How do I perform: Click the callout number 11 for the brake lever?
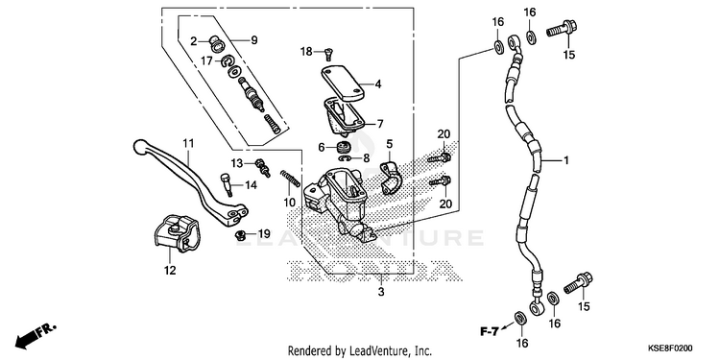pos(189,144)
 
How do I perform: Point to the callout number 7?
pos(380,124)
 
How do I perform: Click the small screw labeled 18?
pos(329,55)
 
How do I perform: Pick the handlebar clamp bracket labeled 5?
pos(390,178)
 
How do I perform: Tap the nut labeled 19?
pos(239,235)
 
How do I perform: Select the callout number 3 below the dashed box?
pos(381,292)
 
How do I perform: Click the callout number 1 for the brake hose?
pos(566,160)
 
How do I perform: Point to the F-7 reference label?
pos(490,330)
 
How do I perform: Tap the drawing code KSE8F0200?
pos(670,348)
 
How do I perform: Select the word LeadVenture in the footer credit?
pos(372,351)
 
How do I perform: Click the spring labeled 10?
pos(291,179)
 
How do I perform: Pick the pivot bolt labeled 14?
pos(226,184)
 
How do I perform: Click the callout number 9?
pos(254,40)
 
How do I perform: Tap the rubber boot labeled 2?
pos(215,42)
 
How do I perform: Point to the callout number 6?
pos(322,147)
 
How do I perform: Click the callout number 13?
pos(236,163)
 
